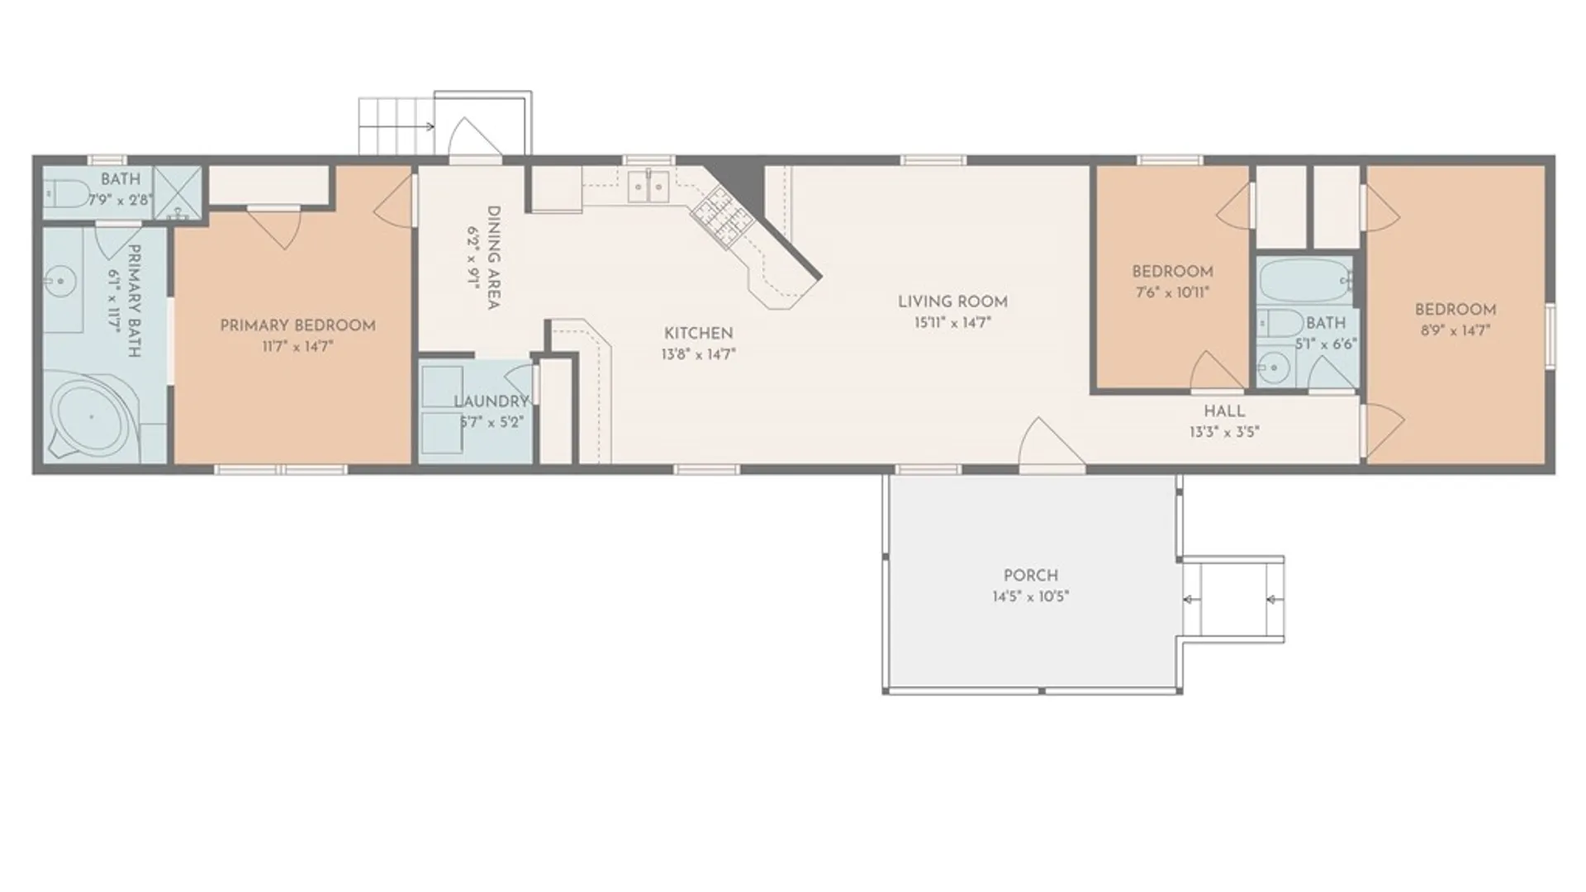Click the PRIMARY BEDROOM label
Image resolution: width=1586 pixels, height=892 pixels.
pos(297,326)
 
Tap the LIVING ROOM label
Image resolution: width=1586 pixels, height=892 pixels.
pos(952,302)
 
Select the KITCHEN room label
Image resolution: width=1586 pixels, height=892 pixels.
pos(699,334)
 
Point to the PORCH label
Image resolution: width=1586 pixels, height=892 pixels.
pos(1030,576)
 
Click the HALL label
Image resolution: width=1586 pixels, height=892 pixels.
pos(1224,411)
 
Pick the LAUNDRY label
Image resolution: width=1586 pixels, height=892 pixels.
pos(491,401)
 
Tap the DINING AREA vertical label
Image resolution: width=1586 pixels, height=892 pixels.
pos(493,258)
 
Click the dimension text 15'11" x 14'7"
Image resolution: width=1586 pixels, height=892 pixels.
pos(952,323)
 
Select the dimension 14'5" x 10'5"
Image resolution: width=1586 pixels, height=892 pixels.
pos(1030,596)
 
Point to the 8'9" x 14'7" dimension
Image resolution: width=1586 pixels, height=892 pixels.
pos(1455,330)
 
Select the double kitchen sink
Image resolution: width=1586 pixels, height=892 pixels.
pos(648,187)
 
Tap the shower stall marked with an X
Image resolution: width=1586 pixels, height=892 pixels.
pos(178,192)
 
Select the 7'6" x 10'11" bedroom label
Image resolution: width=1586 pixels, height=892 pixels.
pos(1172,282)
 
